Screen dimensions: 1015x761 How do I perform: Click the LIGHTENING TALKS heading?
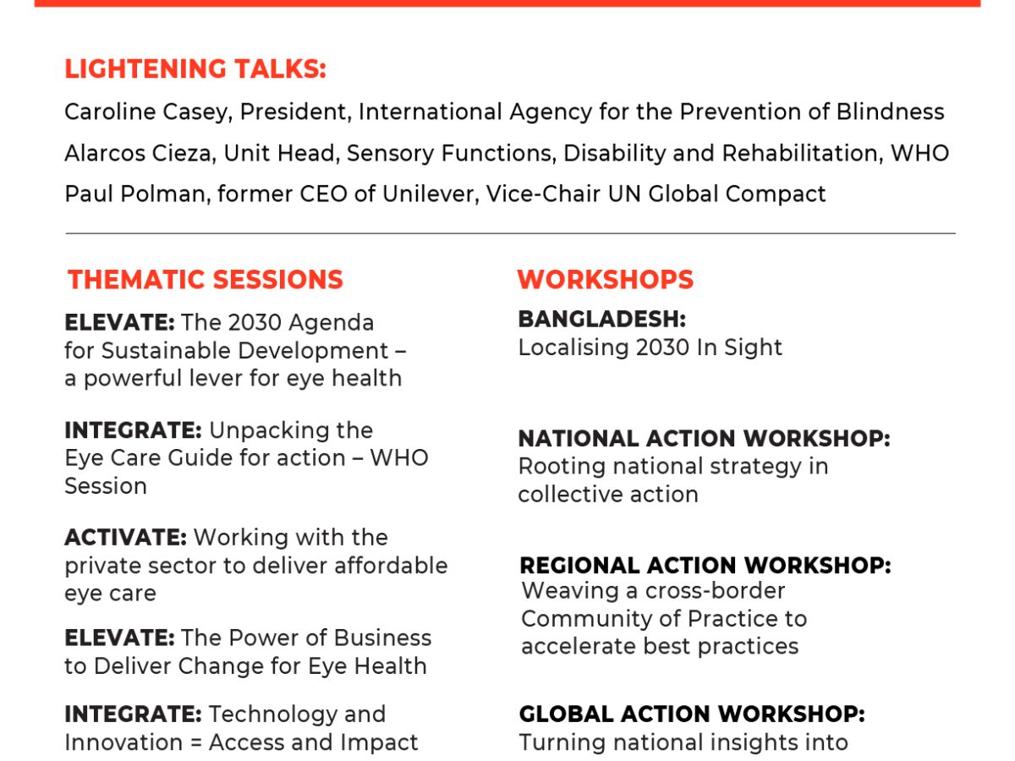195,69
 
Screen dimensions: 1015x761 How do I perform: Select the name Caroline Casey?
148,112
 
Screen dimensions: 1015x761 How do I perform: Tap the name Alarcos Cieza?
140,153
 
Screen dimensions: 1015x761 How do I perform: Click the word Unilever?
431,194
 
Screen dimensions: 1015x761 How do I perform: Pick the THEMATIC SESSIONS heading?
206,280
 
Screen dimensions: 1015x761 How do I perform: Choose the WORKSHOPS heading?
606,280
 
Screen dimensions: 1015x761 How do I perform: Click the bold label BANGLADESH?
602,320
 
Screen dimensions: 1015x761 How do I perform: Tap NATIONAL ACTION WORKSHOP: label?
705,439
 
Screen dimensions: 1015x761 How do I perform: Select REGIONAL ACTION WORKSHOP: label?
705,565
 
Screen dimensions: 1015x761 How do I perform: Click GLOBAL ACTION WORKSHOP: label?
692,714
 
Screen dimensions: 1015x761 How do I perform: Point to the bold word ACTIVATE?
126,538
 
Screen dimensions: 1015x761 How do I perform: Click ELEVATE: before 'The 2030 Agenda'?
120,322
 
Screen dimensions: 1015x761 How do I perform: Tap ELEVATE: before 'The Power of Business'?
120,638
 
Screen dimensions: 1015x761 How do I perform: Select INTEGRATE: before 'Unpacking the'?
133,430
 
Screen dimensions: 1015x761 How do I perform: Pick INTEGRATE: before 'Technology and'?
133,714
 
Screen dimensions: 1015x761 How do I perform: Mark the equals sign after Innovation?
196,743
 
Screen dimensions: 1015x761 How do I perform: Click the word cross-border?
715,590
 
